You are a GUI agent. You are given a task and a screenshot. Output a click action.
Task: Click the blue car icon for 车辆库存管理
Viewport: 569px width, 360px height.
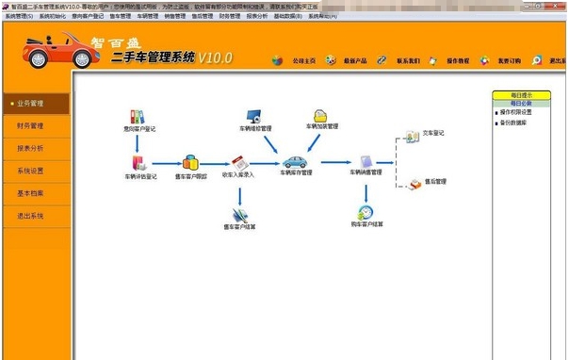294,161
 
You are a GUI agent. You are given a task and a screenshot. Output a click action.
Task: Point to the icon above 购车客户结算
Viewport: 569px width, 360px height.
366,212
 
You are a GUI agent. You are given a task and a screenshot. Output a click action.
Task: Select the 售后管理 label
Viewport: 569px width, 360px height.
434,180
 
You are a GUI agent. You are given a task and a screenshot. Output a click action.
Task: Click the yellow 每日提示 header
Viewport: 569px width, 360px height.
521,95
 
